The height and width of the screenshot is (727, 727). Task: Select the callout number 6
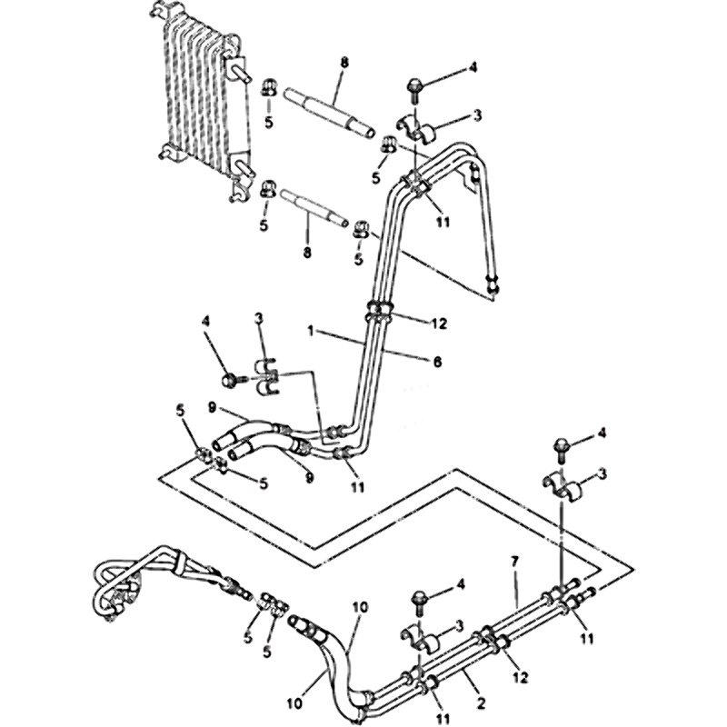coord(437,361)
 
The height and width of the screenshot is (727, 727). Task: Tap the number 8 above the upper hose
coord(344,63)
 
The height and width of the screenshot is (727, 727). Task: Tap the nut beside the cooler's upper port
coord(270,87)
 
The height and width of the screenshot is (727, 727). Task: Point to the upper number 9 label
coord(211,408)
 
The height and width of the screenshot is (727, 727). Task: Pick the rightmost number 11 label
coord(588,639)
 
